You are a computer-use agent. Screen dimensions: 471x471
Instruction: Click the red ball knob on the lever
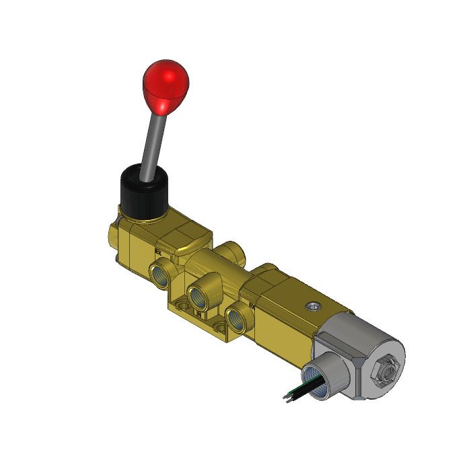pyautogui.click(x=166, y=85)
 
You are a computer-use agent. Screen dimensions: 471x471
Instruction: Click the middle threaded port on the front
pyautogui.click(x=200, y=295)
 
